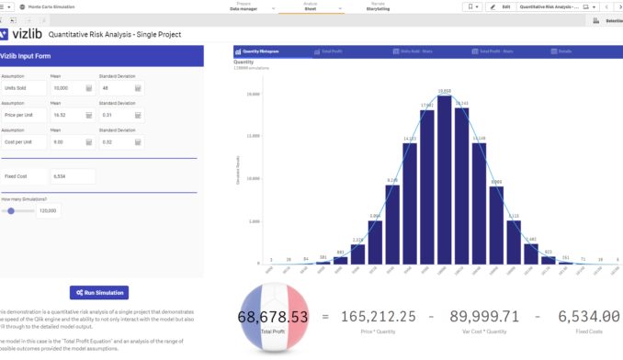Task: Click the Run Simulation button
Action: pos(98,292)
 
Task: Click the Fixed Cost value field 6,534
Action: pos(73,175)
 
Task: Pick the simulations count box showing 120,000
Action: pos(49,210)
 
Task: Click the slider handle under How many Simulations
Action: pos(10,210)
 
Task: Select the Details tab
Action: pos(564,52)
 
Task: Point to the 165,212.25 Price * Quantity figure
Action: pos(378,316)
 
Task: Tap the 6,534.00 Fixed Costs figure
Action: pos(588,316)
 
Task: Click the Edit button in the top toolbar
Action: pos(502,6)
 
